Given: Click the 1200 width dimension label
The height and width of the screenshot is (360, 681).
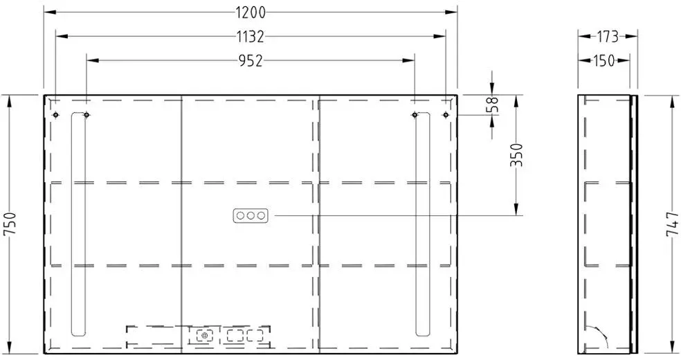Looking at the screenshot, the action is pyautogui.click(x=251, y=12).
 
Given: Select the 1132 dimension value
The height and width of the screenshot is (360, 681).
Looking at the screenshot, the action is pyautogui.click(x=251, y=37).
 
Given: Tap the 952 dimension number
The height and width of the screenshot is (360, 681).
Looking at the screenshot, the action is pyautogui.click(x=251, y=61).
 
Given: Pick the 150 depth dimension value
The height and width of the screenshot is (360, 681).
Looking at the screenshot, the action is pyautogui.click(x=604, y=61).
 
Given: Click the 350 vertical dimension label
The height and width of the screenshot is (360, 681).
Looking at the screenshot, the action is pyautogui.click(x=516, y=155).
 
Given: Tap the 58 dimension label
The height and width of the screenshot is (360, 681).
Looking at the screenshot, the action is pyautogui.click(x=493, y=105).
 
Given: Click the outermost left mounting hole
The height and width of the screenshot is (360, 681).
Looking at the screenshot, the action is pyautogui.click(x=55, y=115).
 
